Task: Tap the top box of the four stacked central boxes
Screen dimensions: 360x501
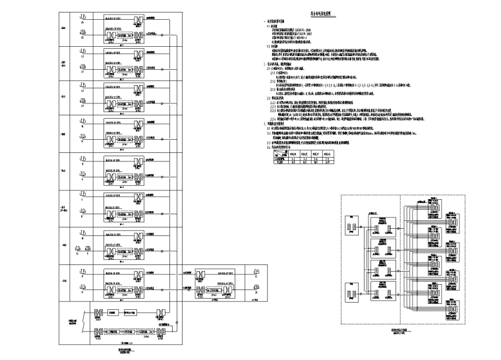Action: point(383,226)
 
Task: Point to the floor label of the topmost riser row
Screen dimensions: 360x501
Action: point(61,27)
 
